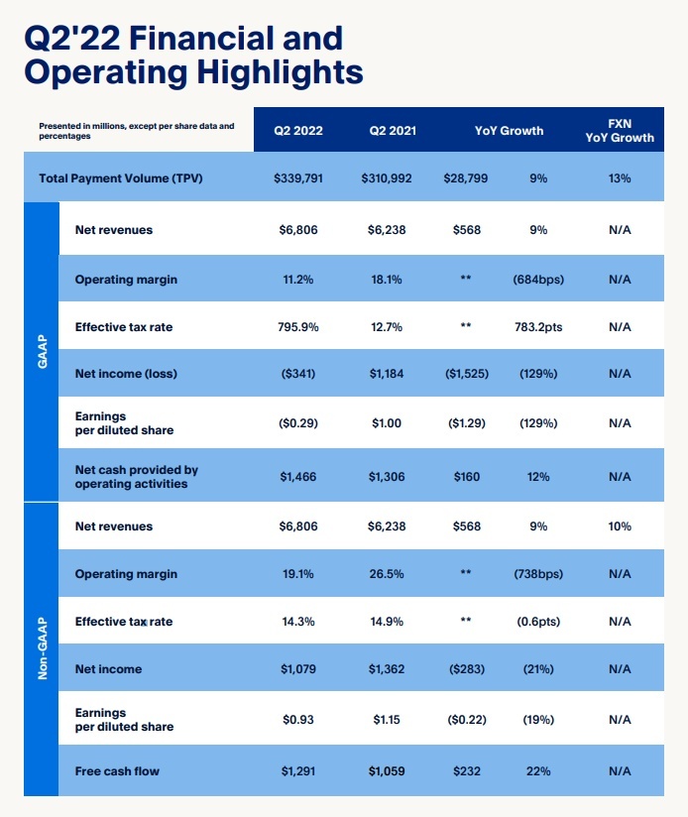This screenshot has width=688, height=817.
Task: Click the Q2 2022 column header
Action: [298, 130]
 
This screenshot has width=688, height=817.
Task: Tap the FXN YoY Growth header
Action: [620, 130]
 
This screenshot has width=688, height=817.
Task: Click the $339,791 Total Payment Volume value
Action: [298, 178]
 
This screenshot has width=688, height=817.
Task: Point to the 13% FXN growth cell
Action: [620, 178]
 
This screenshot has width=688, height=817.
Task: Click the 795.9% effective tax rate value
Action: [298, 326]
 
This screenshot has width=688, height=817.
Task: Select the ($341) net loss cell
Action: [298, 374]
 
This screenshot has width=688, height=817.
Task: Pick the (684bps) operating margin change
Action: [538, 280]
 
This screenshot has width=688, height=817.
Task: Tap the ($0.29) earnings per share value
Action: [298, 423]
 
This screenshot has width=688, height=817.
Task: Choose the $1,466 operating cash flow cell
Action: [298, 477]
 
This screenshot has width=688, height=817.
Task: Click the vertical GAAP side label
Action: [41, 351]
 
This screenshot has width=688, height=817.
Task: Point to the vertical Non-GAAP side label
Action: [41, 648]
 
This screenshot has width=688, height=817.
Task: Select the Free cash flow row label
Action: [117, 770]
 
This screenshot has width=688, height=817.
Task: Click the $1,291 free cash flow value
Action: [298, 770]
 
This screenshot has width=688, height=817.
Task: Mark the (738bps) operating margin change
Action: [538, 574]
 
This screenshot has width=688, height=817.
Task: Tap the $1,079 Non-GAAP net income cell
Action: [298, 669]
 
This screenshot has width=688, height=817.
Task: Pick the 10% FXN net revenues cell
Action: [620, 526]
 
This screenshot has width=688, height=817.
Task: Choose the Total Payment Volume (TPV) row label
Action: [121, 178]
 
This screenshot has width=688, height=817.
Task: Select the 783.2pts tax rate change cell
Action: [538, 326]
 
